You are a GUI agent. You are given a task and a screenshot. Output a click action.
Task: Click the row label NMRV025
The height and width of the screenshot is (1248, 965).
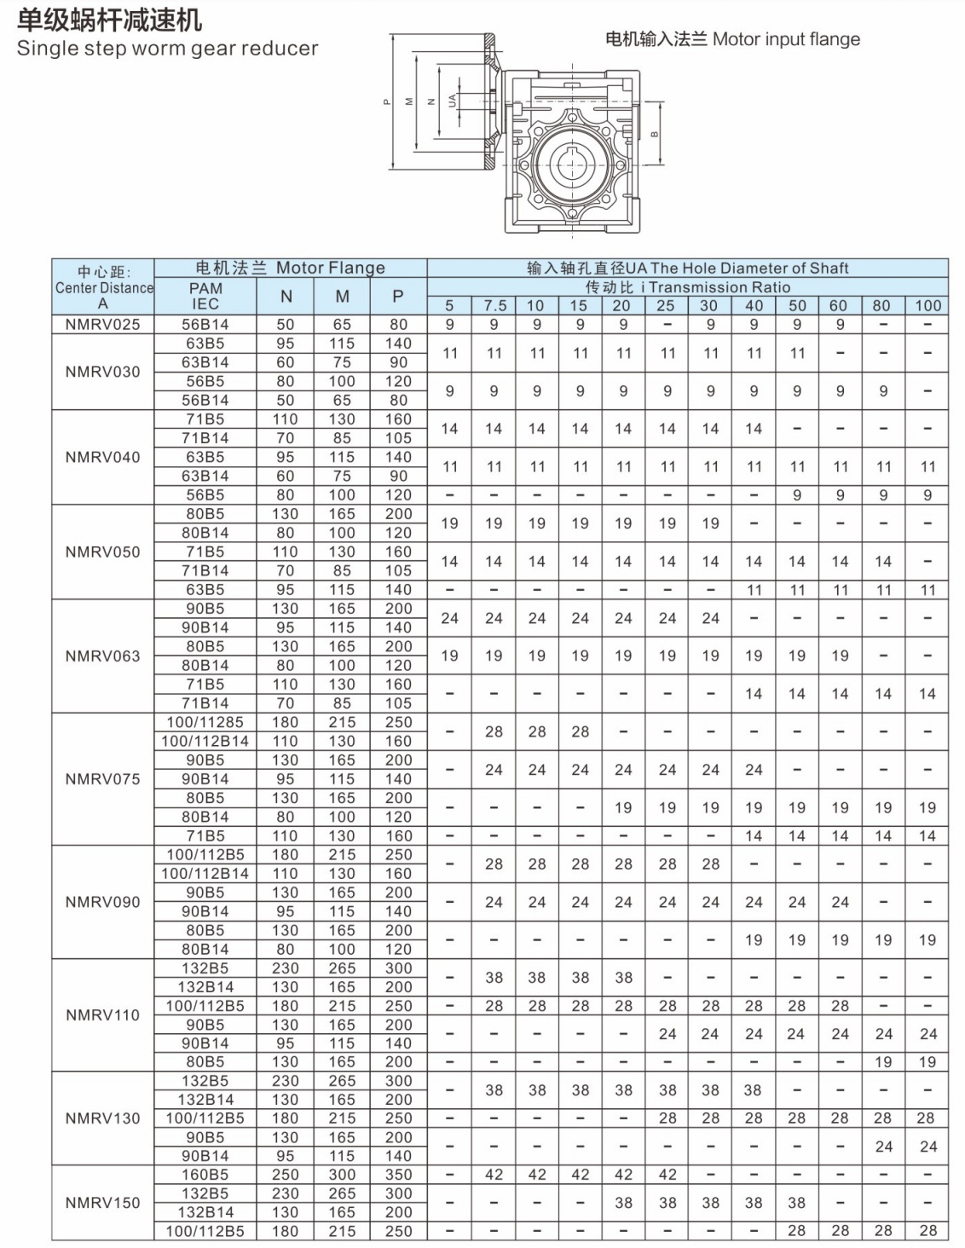pos(103,325)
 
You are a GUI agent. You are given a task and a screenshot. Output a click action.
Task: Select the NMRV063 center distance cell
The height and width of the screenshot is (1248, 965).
pos(103,656)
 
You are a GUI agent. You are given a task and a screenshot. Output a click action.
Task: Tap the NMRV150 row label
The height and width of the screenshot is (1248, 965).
pos(103,1203)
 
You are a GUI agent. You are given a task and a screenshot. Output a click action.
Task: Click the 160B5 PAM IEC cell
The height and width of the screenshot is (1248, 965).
pos(205,1175)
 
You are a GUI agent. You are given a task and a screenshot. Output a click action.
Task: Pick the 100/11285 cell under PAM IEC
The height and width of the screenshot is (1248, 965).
pos(205,722)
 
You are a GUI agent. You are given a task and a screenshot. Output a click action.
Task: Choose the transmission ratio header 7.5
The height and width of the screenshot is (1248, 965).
pos(494,305)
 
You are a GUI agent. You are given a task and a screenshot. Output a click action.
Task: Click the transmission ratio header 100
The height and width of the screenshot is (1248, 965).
pos(927,305)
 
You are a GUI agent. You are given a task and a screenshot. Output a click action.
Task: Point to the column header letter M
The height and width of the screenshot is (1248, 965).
pos(342,297)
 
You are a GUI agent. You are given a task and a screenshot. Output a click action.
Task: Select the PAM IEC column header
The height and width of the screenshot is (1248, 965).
pos(205,296)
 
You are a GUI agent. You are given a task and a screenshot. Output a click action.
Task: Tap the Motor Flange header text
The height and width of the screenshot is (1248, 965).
pos(331,268)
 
